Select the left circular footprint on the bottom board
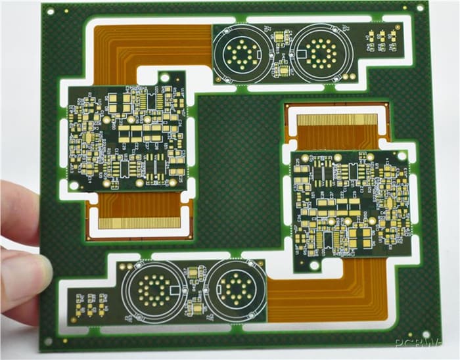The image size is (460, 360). [155, 289]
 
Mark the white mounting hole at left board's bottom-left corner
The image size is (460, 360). [74, 185]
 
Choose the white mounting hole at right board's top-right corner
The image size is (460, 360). [402, 156]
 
